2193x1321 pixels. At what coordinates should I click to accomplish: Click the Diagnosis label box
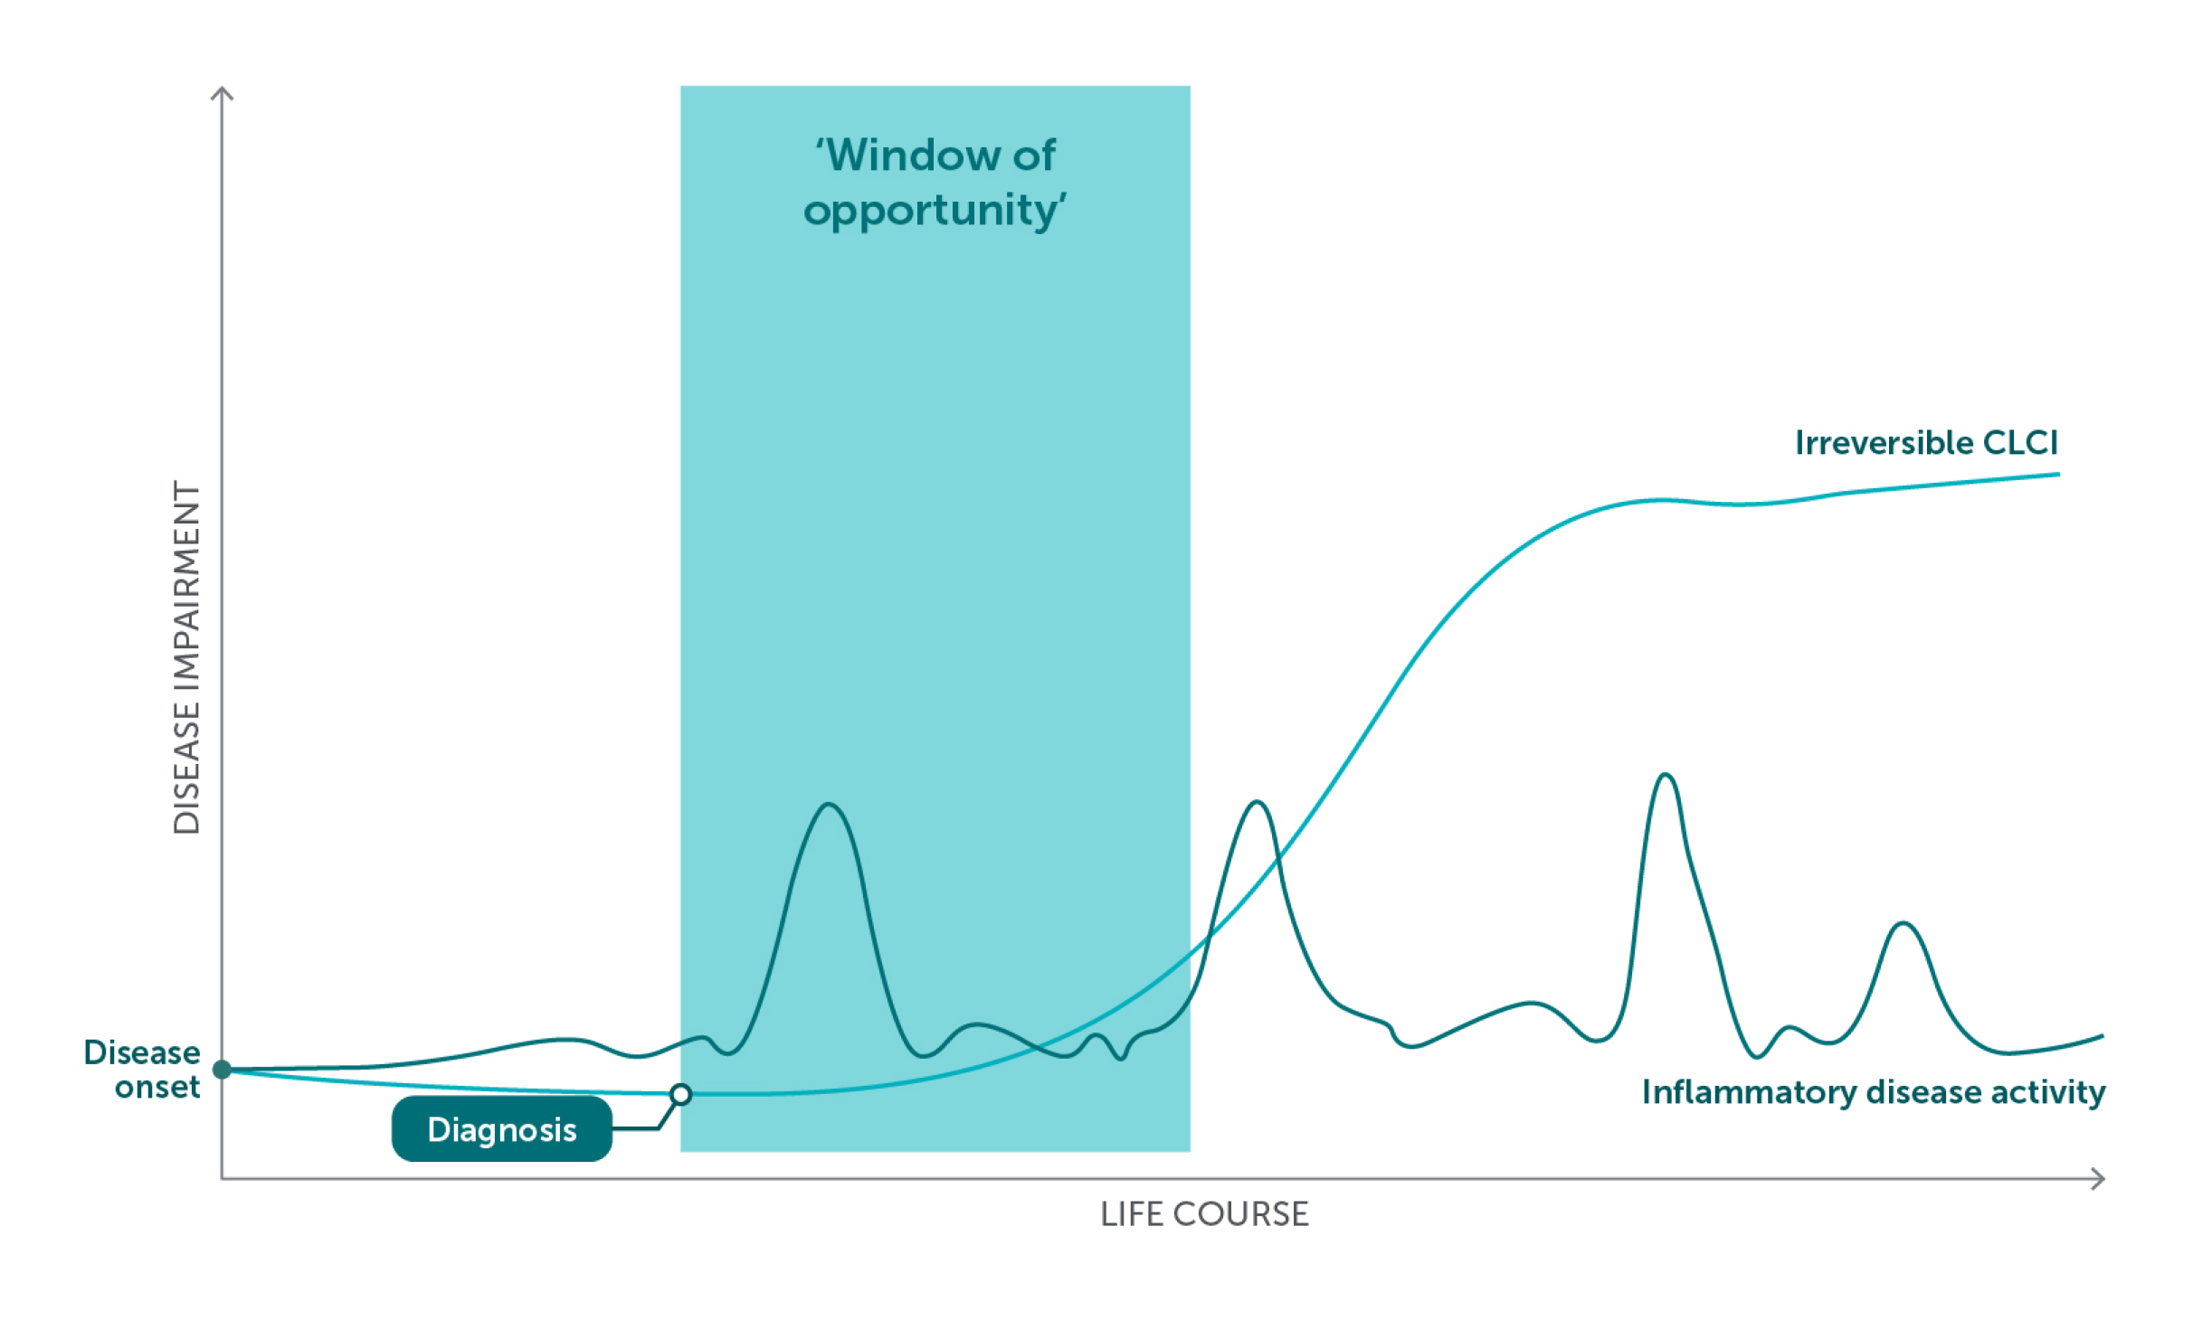pyautogui.click(x=501, y=1128)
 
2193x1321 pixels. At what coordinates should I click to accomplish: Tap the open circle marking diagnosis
pyautogui.click(x=681, y=1095)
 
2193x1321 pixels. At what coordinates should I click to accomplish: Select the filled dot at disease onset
pyautogui.click(x=222, y=1070)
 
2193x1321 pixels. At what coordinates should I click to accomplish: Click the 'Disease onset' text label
pyautogui.click(x=142, y=1070)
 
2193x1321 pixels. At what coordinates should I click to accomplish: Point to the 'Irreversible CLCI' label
pyautogui.click(x=1926, y=443)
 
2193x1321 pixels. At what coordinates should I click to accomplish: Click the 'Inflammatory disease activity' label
pyautogui.click(x=1874, y=1092)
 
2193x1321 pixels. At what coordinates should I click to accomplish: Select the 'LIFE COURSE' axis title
pyautogui.click(x=1204, y=1214)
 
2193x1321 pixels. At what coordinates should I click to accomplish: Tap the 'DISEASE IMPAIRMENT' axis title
pyautogui.click(x=186, y=657)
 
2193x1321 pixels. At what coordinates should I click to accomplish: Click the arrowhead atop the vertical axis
pyautogui.click(x=223, y=91)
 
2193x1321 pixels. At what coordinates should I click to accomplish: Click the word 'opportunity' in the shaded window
pyautogui.click(x=935, y=211)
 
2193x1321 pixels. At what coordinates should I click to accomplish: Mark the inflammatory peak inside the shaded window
pyautogui.click(x=829, y=804)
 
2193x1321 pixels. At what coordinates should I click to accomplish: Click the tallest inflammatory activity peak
pyautogui.click(x=1666, y=774)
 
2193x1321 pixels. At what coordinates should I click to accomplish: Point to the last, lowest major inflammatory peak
pyautogui.click(x=1904, y=923)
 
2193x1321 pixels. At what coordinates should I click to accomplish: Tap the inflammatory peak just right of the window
pyautogui.click(x=1258, y=802)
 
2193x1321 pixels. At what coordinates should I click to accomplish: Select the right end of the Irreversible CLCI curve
pyautogui.click(x=2059, y=474)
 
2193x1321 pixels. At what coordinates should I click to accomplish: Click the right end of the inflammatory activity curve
pyautogui.click(x=2103, y=1036)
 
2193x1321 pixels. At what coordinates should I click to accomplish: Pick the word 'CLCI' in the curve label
pyautogui.click(x=2020, y=443)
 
